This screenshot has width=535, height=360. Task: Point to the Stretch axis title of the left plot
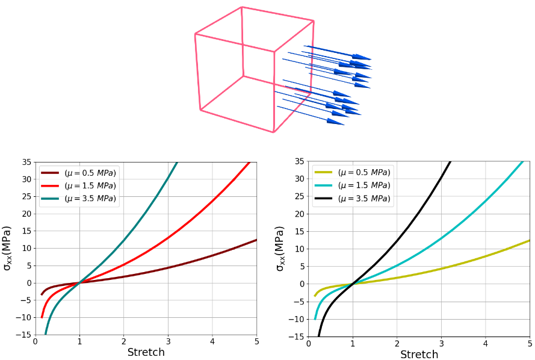(x=146, y=353)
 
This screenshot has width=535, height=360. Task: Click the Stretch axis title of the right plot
(x=419, y=355)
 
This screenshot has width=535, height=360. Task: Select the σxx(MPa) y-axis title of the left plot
(x=7, y=248)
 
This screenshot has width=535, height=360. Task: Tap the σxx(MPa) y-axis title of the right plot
(x=280, y=248)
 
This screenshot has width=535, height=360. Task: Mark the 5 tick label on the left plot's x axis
(x=256, y=343)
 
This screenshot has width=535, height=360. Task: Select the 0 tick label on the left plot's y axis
(x=28, y=283)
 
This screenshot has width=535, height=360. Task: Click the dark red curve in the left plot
(x=212, y=255)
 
